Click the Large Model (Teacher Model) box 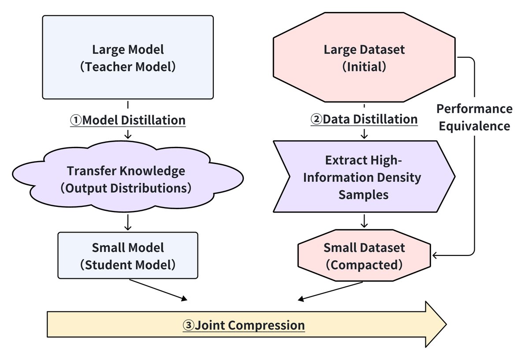[x=128, y=57]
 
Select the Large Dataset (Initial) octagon [x=364, y=57]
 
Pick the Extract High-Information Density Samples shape [x=364, y=177]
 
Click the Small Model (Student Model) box [x=128, y=256]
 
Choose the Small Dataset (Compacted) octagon [x=364, y=256]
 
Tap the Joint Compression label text [x=250, y=326]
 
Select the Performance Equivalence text [x=474, y=117]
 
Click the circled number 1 [x=76, y=120]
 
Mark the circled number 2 [x=317, y=119]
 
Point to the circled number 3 [x=188, y=326]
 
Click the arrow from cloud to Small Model [x=128, y=222]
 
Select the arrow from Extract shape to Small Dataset [x=364, y=221]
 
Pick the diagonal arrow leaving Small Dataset [x=331, y=291]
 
